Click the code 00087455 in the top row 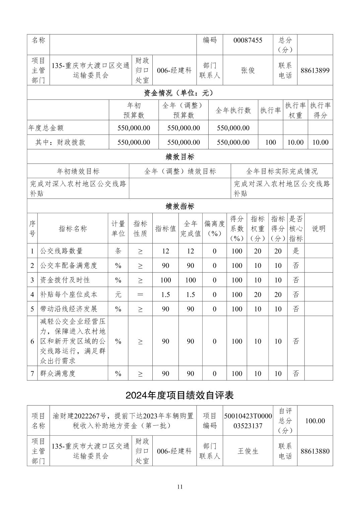tap(248, 41)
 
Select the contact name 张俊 tap(248, 70)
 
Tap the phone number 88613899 tap(315, 70)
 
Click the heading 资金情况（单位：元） tap(180, 93)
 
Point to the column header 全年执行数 tap(233, 111)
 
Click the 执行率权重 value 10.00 tap(295, 142)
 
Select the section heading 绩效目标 tap(180, 157)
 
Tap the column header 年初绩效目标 tap(78, 171)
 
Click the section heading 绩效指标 tap(180, 206)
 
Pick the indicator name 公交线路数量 tap(61, 251)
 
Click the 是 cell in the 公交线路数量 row tap(296, 251)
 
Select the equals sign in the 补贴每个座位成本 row tap(140, 295)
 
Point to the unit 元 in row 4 tap(118, 295)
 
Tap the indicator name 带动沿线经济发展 tap(69, 309)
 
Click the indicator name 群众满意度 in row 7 tap(58, 373)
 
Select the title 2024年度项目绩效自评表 tap(180, 395)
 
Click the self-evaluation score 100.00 tap(315, 421)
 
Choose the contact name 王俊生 tap(248, 451)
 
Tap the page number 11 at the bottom tap(180, 487)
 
